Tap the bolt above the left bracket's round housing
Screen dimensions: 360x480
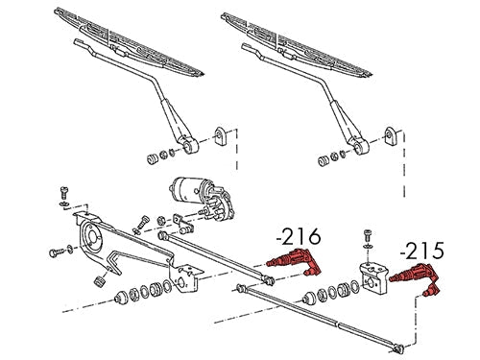click(64, 192)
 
